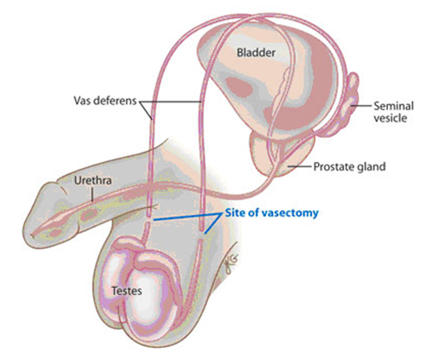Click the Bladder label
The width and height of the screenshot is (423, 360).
pyautogui.click(x=256, y=53)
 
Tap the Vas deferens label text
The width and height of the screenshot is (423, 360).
pyautogui.click(x=105, y=101)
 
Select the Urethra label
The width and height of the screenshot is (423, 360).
pyautogui.click(x=93, y=181)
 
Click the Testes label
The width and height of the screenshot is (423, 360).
pyautogui.click(x=126, y=291)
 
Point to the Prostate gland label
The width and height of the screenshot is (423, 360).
pyautogui.click(x=350, y=166)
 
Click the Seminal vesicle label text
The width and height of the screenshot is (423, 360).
pyautogui.click(x=393, y=112)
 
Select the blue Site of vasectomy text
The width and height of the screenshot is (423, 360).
pyautogui.click(x=271, y=212)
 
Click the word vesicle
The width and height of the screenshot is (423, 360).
pyautogui.click(x=390, y=118)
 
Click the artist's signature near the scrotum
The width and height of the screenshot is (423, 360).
pyautogui.click(x=231, y=262)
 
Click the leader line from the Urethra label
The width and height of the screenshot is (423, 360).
pyautogui.click(x=92, y=195)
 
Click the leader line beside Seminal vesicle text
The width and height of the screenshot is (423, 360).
pyautogui.click(x=361, y=106)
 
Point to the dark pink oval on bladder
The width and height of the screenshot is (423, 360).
pyautogui.click(x=239, y=86)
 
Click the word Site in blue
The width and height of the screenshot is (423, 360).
pyautogui.click(x=235, y=212)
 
